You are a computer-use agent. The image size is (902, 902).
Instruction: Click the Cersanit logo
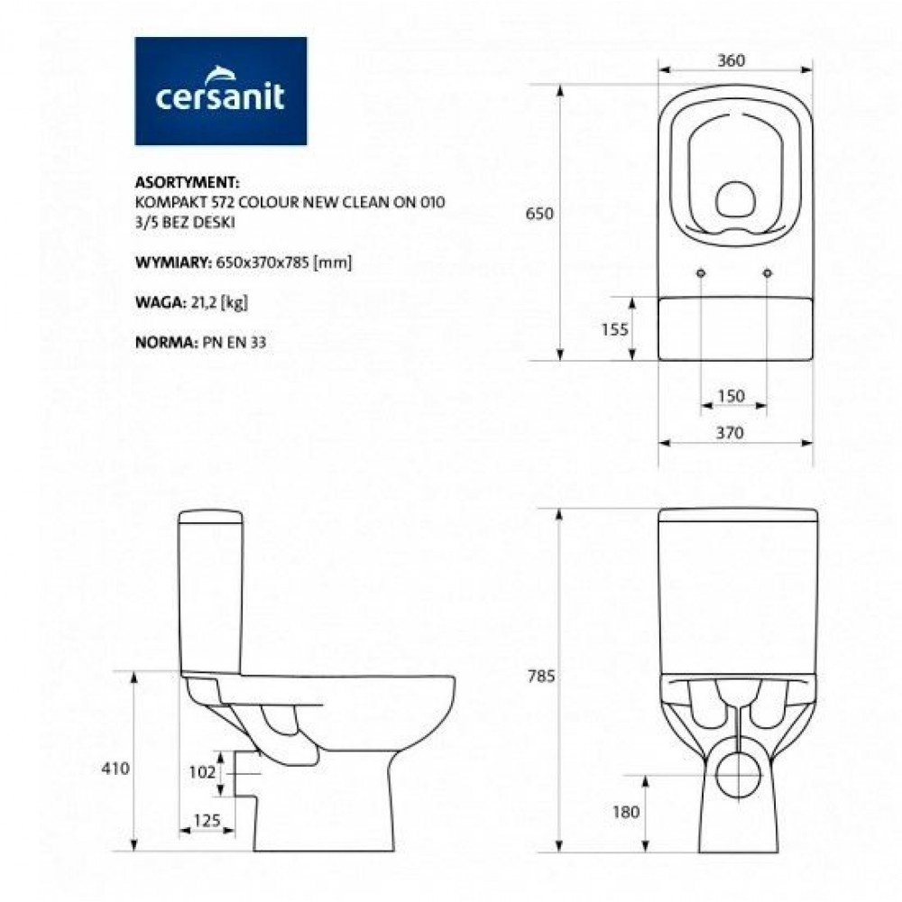pyautogui.click(x=220, y=91)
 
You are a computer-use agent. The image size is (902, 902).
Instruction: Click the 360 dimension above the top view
pyautogui.click(x=732, y=60)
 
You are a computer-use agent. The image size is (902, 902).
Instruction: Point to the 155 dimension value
pyautogui.click(x=615, y=330)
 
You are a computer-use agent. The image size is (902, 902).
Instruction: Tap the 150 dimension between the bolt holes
pyautogui.click(x=732, y=395)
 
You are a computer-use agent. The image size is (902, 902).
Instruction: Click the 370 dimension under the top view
pyautogui.click(x=732, y=433)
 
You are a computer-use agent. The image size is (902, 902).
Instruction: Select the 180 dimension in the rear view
pyautogui.click(x=625, y=812)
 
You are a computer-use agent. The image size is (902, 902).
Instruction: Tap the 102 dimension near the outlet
pyautogui.click(x=204, y=771)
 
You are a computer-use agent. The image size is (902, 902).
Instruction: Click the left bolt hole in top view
pyautogui.click(x=701, y=273)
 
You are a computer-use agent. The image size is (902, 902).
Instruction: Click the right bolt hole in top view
pyautogui.click(x=768, y=273)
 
